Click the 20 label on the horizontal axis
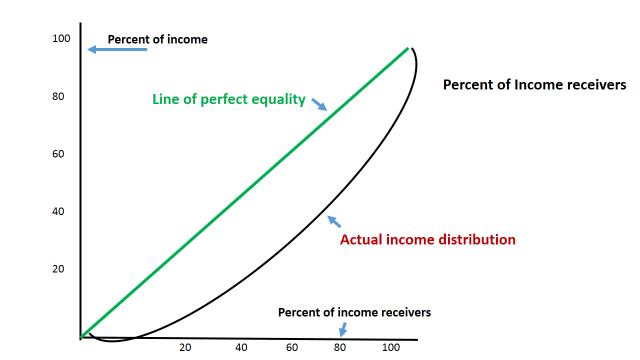tap(185, 348)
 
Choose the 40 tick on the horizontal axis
tap(241, 348)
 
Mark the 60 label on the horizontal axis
tap(292, 348)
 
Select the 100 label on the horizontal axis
tap(391, 348)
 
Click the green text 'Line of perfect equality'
tap(229, 100)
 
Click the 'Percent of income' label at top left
tap(158, 40)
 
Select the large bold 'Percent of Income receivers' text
tap(534, 86)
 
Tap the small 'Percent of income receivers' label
tap(354, 312)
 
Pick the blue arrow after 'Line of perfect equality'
tap(320, 104)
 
